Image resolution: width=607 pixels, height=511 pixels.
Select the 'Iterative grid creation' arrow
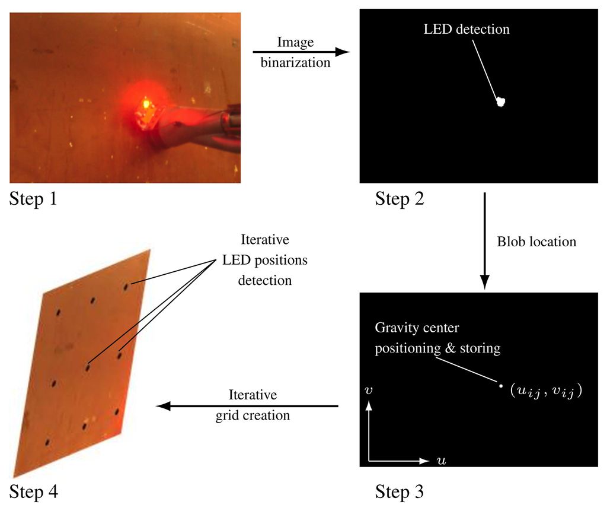click(247, 406)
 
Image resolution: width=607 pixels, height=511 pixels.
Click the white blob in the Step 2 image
click(501, 102)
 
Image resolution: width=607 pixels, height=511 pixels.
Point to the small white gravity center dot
click(501, 386)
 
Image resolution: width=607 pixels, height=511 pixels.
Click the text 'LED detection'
click(467, 29)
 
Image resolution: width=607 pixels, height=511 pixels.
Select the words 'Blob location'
click(536, 242)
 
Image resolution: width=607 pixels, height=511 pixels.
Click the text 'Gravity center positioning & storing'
click(437, 338)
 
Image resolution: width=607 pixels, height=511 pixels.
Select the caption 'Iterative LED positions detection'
click(265, 260)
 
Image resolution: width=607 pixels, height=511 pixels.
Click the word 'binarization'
click(295, 62)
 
